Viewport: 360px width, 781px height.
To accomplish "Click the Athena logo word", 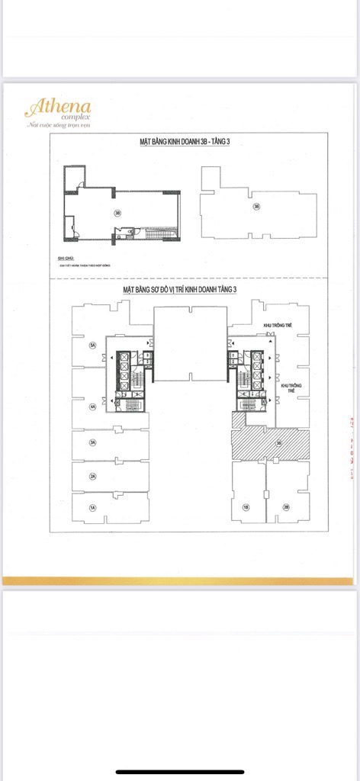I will click(x=51, y=106).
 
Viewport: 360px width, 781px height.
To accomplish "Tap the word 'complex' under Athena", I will click(x=76, y=117).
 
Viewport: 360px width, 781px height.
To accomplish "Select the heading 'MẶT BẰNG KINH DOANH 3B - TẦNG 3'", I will click(x=190, y=143).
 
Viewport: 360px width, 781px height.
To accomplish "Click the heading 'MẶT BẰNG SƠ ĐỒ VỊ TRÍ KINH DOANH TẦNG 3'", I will click(x=191, y=291).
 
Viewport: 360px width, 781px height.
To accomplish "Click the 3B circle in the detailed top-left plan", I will click(x=117, y=214).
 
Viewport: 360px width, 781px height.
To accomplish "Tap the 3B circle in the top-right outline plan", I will click(x=256, y=206).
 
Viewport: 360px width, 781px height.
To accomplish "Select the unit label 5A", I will click(x=93, y=346).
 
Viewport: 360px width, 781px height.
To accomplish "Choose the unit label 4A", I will click(x=93, y=407).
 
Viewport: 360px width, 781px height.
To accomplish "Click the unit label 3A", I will click(x=93, y=442).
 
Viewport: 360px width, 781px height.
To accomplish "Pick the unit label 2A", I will click(x=93, y=477).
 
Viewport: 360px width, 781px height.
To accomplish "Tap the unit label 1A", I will click(x=93, y=507).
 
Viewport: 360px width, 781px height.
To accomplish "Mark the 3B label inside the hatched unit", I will click(x=279, y=442).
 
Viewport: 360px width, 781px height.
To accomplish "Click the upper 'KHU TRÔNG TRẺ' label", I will click(x=278, y=325).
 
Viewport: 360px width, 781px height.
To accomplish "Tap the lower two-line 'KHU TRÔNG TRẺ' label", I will click(x=291, y=388).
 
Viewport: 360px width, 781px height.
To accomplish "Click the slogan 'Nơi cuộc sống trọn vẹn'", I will click(x=59, y=124).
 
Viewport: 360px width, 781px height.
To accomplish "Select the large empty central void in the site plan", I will click(x=191, y=343).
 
